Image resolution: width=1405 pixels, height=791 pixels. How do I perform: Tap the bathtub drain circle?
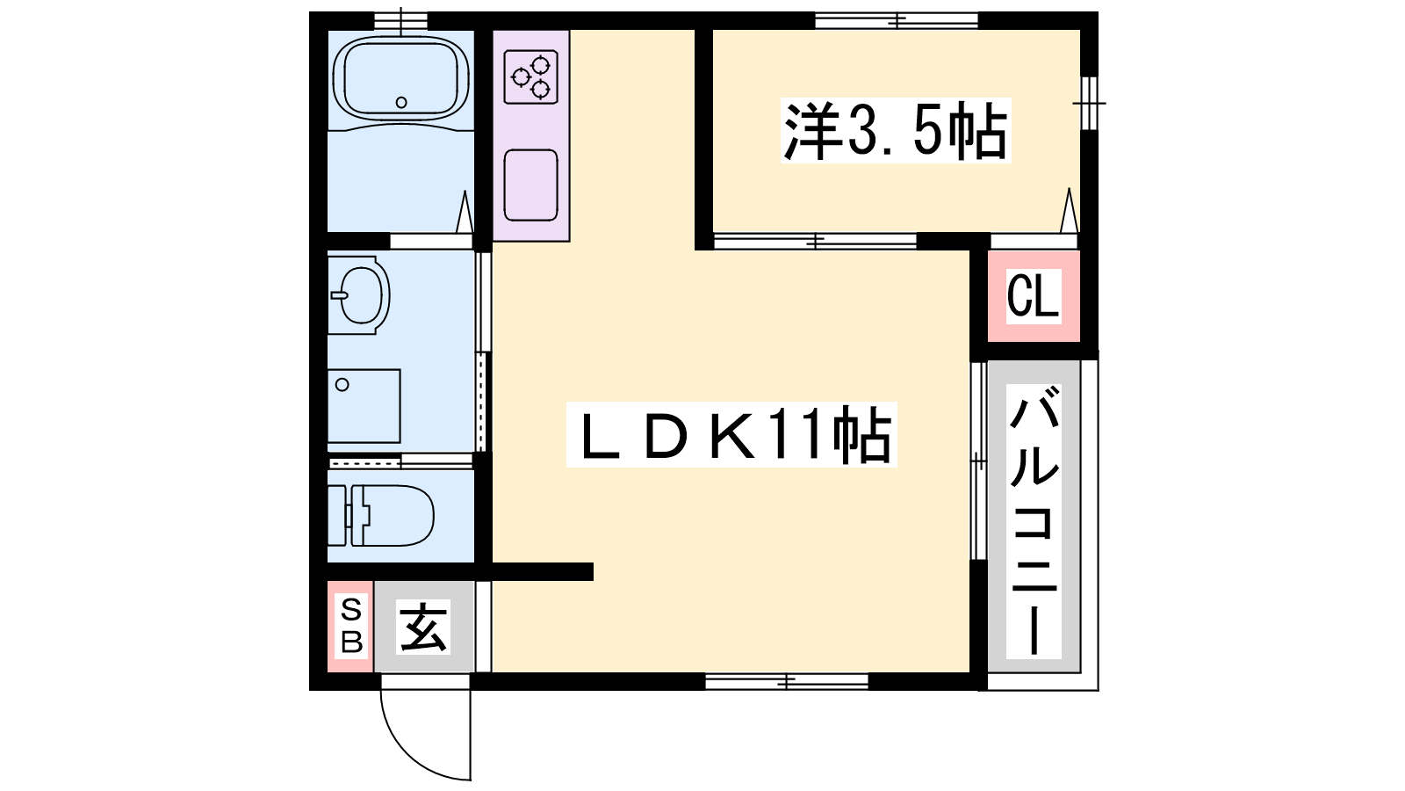[401, 102]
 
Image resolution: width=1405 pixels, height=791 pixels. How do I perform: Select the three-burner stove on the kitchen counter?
[530, 76]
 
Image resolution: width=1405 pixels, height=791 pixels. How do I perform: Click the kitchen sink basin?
[530, 185]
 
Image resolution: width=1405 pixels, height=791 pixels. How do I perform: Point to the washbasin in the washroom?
[359, 294]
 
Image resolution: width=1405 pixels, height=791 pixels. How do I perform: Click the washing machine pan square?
[364, 406]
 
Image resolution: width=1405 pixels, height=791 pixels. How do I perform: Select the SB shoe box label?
[351, 626]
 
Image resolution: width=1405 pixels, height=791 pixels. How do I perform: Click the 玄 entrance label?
[423, 627]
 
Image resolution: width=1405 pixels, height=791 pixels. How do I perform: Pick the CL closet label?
[1034, 296]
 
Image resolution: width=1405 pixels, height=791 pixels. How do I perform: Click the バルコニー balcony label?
[1034, 520]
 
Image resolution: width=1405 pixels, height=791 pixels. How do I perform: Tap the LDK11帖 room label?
[731, 434]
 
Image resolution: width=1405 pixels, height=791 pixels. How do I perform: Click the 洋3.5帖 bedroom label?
[896, 131]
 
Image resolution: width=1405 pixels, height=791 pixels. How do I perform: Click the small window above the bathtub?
[401, 21]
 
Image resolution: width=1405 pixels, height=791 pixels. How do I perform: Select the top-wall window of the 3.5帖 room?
[897, 21]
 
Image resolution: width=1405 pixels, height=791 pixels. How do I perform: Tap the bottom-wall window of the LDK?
[787, 680]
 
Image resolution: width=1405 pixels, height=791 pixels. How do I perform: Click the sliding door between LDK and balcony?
[978, 461]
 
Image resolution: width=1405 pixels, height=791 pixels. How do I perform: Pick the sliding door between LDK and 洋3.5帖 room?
[816, 241]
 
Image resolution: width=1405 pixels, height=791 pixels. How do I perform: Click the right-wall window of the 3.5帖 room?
[1090, 103]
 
